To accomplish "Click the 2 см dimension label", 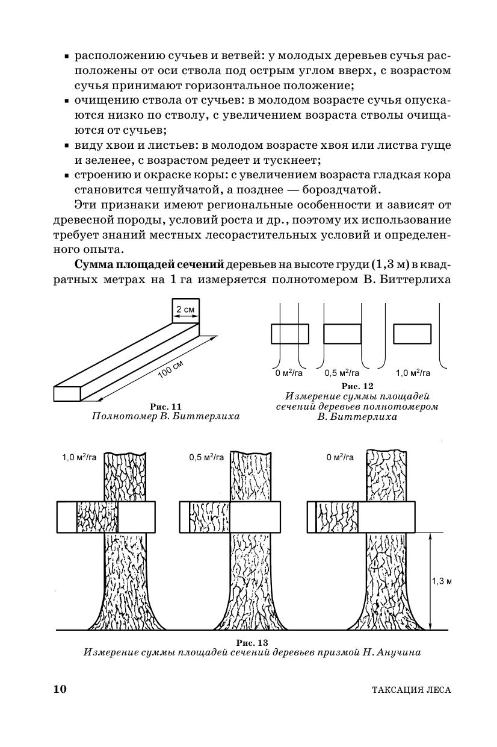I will [185, 310].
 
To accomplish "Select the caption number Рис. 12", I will [357, 386].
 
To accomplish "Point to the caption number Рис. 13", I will [252, 642].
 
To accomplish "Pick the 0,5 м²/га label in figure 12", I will [342, 373].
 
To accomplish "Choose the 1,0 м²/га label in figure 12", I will [413, 373].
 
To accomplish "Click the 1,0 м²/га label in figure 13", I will [79, 457].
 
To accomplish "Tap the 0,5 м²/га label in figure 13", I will [206, 457].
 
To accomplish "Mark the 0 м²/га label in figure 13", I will [341, 457].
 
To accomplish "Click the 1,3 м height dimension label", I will [442, 581].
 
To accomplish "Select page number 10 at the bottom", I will [60, 689].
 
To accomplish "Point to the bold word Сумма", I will [94, 266].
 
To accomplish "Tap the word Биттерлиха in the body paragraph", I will [415, 280].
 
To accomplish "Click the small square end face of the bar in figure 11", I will [67, 393].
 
